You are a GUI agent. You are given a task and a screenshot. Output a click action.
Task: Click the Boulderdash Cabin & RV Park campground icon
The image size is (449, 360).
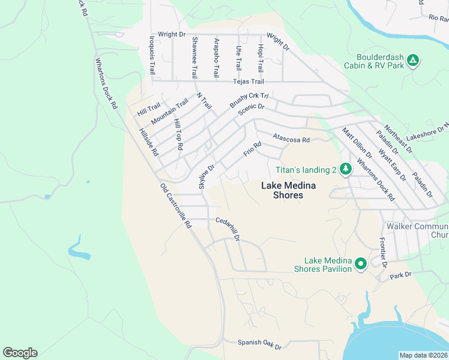[412, 61]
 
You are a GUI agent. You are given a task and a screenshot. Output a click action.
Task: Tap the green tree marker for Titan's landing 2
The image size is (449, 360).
[345, 170]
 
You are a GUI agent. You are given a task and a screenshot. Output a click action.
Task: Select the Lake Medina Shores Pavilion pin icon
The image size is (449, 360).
[360, 264]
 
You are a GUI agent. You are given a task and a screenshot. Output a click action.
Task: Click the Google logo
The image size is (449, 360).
[20, 353]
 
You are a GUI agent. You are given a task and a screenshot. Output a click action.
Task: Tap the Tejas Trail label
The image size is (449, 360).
[249, 82]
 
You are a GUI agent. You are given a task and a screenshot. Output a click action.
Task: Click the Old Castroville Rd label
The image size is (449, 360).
[175, 206]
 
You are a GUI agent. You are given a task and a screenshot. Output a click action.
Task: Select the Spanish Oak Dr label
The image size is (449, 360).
[259, 344]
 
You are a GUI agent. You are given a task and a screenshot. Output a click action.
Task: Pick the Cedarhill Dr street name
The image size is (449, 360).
[228, 229]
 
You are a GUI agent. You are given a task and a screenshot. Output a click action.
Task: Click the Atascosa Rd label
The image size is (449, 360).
[291, 139]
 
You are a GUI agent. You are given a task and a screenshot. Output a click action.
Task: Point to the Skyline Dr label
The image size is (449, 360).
[206, 176]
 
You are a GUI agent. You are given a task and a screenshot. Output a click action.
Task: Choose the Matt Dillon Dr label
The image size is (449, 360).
[354, 143]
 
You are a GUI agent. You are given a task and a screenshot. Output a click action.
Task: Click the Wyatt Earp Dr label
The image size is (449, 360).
[391, 166]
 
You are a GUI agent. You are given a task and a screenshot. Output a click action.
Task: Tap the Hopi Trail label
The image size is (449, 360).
[260, 58]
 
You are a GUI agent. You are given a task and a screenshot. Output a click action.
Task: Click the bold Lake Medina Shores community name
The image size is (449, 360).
[282, 190]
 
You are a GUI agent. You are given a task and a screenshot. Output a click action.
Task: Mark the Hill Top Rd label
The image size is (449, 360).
[178, 133]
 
